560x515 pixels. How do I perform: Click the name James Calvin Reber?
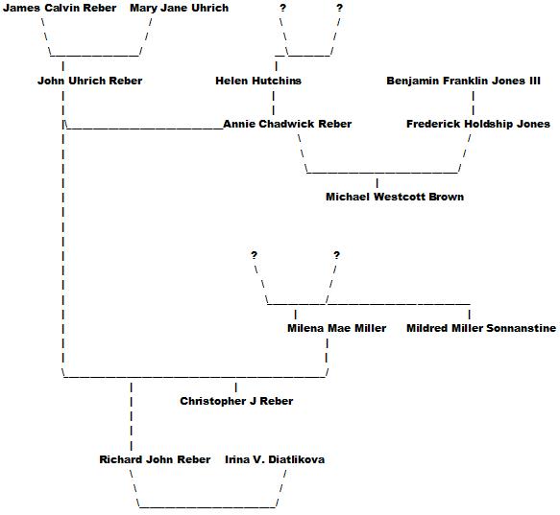[60, 8]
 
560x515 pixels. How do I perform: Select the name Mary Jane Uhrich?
[180, 8]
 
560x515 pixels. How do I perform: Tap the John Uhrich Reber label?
[90, 81]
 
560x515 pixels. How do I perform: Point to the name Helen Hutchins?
[258, 81]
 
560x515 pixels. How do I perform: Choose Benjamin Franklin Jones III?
[464, 81]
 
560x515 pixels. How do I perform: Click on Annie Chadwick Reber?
[287, 124]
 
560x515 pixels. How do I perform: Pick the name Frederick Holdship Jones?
[478, 124]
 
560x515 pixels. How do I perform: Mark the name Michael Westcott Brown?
[395, 197]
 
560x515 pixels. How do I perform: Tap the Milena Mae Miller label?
[337, 328]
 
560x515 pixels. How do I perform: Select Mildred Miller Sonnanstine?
[481, 328]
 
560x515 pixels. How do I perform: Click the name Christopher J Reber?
[236, 401]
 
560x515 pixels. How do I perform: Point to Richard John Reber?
[155, 459]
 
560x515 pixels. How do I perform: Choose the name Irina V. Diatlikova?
[275, 459]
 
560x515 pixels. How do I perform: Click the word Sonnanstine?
[521, 328]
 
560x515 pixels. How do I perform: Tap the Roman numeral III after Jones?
[535, 81]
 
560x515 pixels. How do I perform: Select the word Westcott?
[400, 197]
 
